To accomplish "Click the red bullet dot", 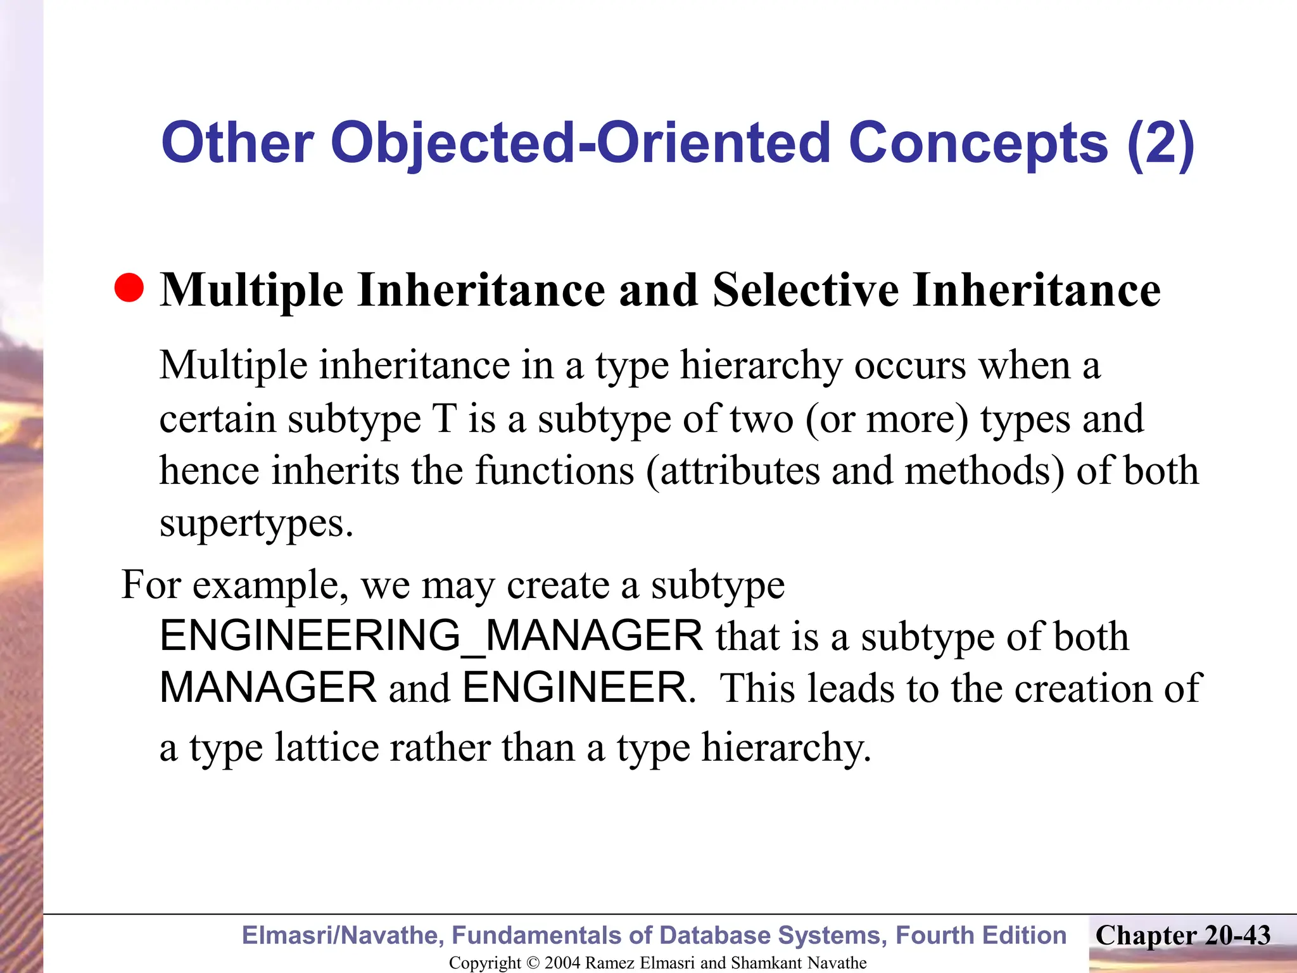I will (x=129, y=288).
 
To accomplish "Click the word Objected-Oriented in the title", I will (x=580, y=143).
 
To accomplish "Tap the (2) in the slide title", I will (x=1160, y=143).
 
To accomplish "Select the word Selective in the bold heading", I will (x=806, y=290).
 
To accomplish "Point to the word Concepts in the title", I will (x=978, y=143).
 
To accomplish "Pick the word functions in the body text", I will (x=555, y=471).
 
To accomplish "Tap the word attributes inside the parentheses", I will (x=740, y=471).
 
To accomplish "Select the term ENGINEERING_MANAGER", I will (x=431, y=636).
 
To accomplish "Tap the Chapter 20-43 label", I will (x=1183, y=936).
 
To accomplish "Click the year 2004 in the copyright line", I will (x=562, y=963).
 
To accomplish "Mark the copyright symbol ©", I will (x=532, y=963).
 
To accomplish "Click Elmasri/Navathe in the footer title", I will (x=343, y=936).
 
